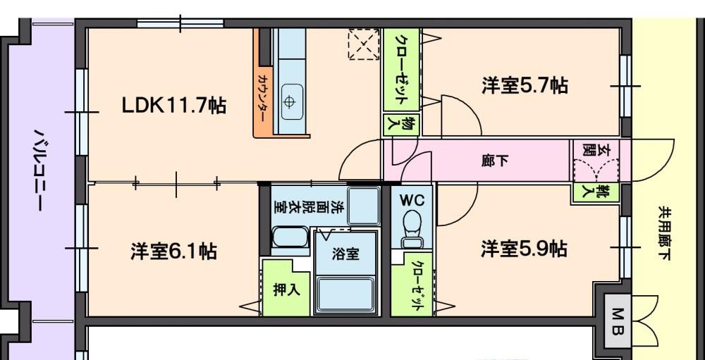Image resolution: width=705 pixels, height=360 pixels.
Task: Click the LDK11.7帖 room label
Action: (x=173, y=106)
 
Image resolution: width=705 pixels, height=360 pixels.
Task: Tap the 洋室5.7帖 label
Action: (x=525, y=86)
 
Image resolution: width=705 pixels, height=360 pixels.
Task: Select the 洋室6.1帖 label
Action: (x=173, y=250)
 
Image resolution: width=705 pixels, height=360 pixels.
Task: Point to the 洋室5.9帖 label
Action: (x=525, y=249)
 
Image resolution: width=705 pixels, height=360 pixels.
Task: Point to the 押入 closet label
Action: (x=285, y=290)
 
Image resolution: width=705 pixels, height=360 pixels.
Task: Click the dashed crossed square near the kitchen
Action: (x=364, y=46)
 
